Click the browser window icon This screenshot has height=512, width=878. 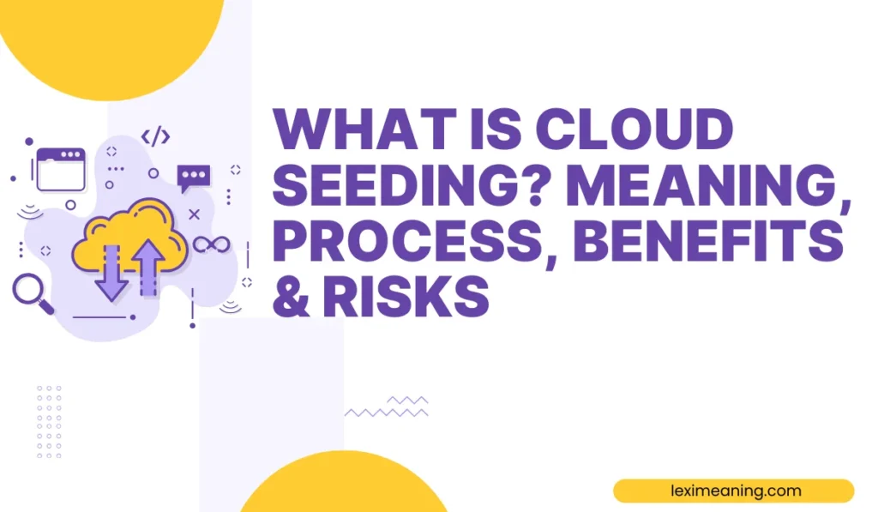(x=60, y=170)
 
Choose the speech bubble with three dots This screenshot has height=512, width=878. (x=193, y=177)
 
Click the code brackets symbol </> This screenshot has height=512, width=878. (x=155, y=136)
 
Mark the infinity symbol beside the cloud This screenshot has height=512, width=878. (x=211, y=244)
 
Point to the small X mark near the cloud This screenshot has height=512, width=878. (x=194, y=214)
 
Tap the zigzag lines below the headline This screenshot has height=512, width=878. (x=387, y=407)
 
